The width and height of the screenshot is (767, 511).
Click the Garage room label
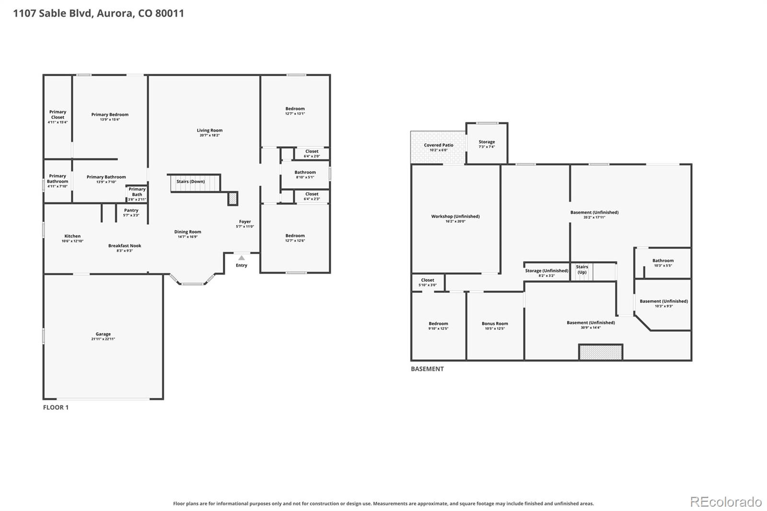[x=103, y=334]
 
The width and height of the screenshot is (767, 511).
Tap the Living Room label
[x=209, y=130]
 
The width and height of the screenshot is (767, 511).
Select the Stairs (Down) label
[x=191, y=181]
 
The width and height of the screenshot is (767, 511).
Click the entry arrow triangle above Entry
[x=242, y=257]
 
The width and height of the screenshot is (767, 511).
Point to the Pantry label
[x=131, y=210]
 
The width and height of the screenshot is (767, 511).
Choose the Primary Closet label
[x=58, y=115]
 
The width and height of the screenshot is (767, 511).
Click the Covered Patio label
[x=439, y=145]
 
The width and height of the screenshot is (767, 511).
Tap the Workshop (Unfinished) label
[x=455, y=216]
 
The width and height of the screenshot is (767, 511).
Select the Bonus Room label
[x=495, y=323]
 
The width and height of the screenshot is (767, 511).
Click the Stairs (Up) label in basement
[x=582, y=269]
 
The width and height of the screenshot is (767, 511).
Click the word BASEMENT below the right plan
[x=427, y=369]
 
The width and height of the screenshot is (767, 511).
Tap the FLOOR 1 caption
[x=56, y=407]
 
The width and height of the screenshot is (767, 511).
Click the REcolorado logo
[x=726, y=502]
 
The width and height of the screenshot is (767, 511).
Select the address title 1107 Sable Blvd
[x=53, y=13]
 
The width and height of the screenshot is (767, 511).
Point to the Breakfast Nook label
[x=125, y=245]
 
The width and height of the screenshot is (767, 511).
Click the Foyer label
[x=245, y=221]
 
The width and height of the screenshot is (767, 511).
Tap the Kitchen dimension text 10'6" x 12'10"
[x=72, y=241]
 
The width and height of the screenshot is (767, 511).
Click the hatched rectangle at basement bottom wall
[x=601, y=352]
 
